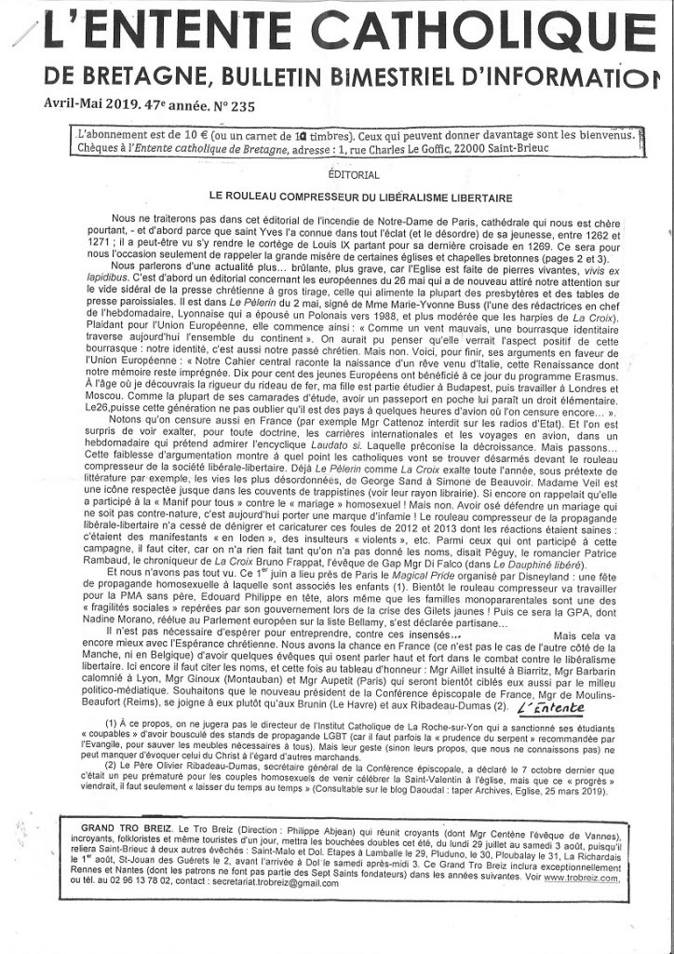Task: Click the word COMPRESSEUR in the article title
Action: (x=306, y=198)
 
